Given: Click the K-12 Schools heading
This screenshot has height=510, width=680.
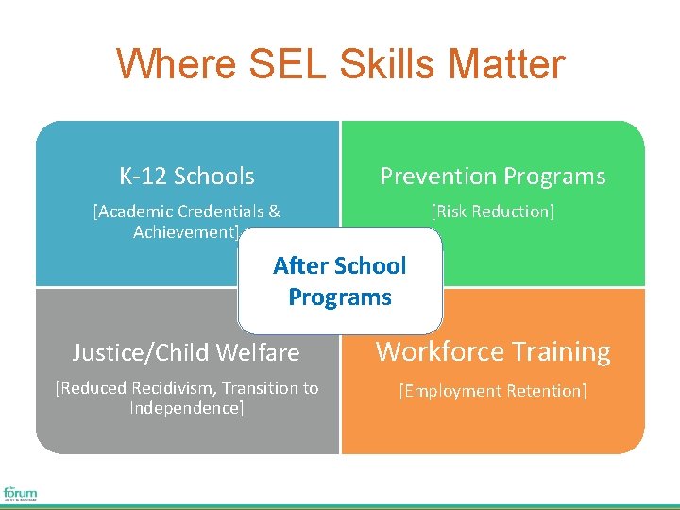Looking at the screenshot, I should [x=186, y=177].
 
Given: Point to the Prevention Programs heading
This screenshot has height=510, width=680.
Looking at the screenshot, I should [x=492, y=177].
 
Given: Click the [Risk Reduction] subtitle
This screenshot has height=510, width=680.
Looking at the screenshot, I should [x=492, y=212].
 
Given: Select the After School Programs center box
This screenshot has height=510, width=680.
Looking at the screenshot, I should [x=340, y=281].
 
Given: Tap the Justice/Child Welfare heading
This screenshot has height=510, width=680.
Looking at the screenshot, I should [x=186, y=353].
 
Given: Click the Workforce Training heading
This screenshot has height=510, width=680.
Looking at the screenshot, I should [x=493, y=352].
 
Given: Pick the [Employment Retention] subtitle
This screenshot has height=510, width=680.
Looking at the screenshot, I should [x=492, y=390].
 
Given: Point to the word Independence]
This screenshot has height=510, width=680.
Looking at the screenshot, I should [x=187, y=408].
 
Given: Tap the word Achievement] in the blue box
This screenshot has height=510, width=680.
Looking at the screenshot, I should [x=186, y=231].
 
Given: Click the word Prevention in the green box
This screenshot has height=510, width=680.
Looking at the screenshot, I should [x=433, y=177].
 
